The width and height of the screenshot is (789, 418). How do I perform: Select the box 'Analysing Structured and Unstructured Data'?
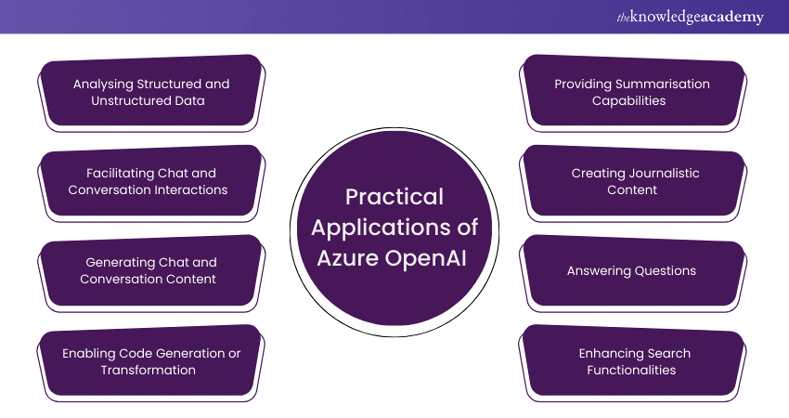tap(150, 91)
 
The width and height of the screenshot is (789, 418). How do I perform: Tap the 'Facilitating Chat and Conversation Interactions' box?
tap(150, 181)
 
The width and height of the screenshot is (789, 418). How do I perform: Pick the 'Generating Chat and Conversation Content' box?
tap(150, 270)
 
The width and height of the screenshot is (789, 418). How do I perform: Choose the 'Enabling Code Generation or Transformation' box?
tap(150, 360)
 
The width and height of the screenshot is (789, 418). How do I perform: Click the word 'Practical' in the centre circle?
tap(394, 197)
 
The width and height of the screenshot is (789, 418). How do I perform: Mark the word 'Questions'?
tap(663, 271)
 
